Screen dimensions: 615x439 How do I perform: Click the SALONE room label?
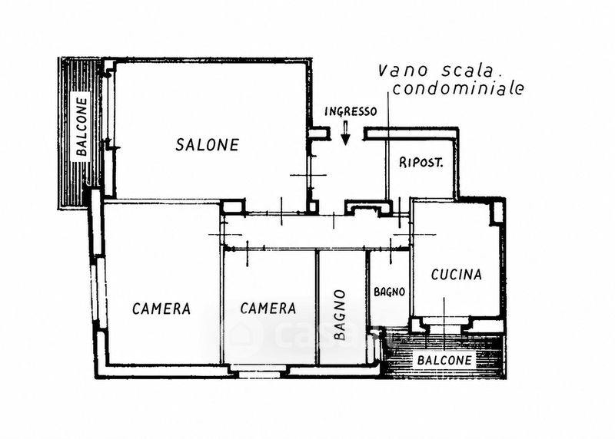[207, 145]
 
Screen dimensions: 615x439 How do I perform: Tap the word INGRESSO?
[351, 111]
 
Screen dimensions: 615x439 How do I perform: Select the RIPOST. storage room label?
[421, 163]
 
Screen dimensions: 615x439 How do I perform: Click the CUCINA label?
[456, 275]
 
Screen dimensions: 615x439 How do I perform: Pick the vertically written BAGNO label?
[340, 315]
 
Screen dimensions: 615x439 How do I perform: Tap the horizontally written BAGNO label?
[389, 292]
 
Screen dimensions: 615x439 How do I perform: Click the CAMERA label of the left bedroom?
[161, 309]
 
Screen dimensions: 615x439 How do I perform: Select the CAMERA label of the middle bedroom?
[268, 309]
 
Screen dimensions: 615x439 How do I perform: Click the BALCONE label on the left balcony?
[82, 127]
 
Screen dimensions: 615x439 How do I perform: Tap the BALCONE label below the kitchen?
[444, 360]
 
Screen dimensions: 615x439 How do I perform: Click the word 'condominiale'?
[458, 88]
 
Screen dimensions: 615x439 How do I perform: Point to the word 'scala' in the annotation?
[467, 71]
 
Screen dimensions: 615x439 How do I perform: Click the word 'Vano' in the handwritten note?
[402, 71]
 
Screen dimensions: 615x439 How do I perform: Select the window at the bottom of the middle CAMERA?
[259, 374]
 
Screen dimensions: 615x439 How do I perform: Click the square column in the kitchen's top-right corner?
[497, 213]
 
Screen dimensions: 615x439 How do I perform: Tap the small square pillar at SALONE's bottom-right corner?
[312, 206]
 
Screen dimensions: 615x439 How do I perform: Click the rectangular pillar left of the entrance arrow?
[318, 133]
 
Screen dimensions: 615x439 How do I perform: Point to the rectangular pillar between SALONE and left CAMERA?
[232, 206]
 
